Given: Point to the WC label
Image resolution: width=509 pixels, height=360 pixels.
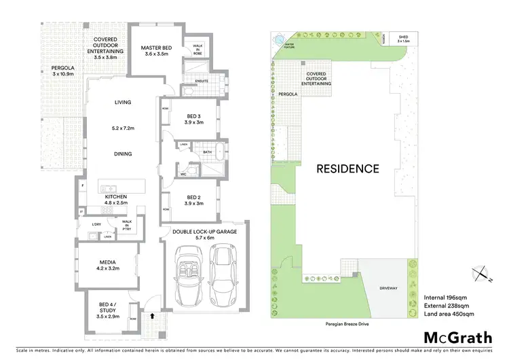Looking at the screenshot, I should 184,173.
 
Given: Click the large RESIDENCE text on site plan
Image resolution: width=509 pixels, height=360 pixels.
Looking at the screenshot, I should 347,168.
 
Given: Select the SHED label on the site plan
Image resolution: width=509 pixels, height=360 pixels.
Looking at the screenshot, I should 403,37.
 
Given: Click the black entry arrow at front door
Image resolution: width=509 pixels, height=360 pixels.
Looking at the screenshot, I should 153,316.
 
